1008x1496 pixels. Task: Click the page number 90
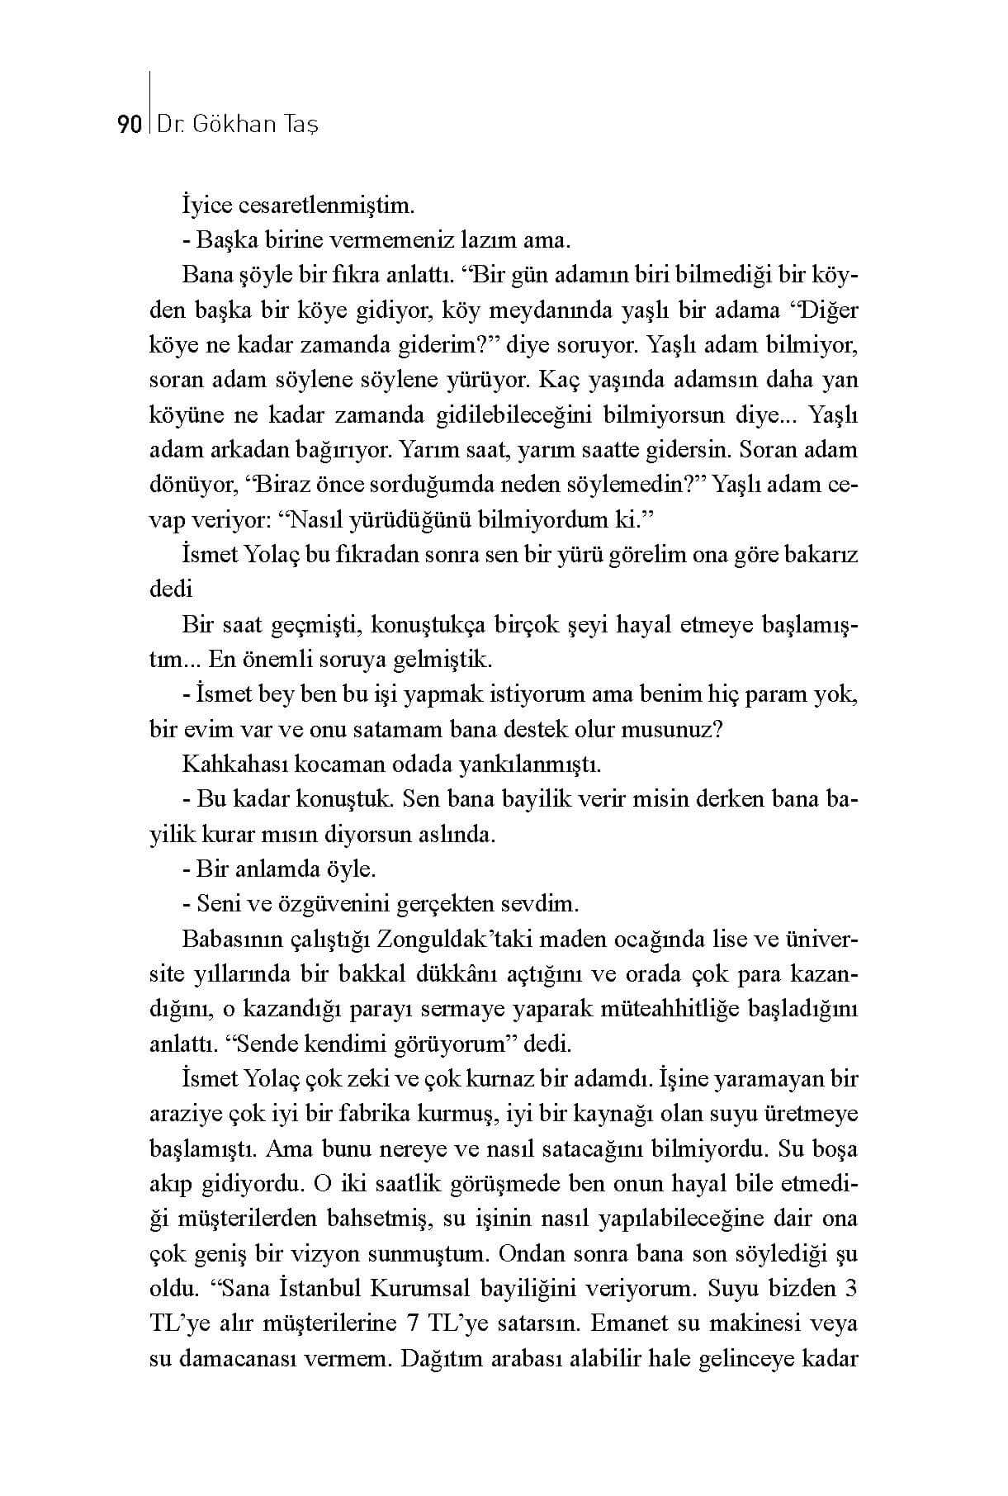[129, 125]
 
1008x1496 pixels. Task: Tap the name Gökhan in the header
[236, 125]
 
